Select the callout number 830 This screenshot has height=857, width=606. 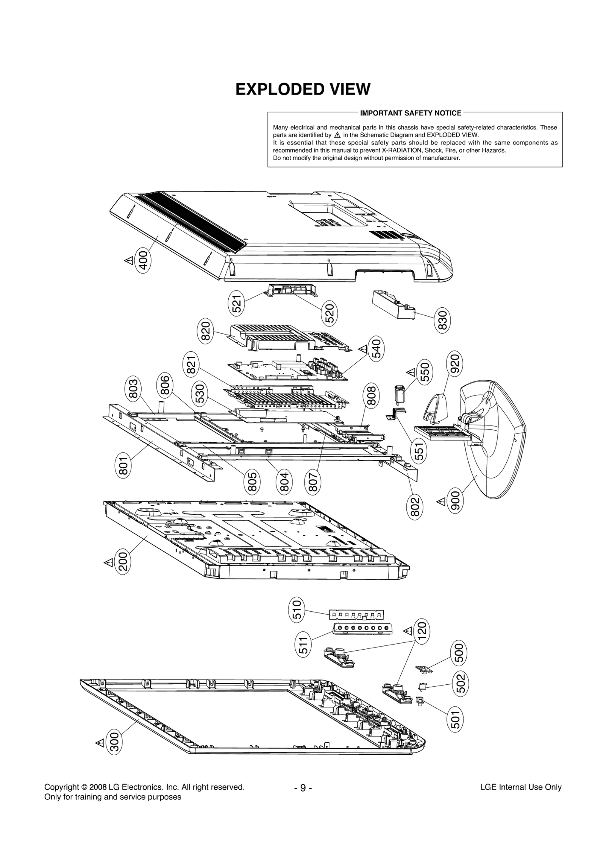point(442,320)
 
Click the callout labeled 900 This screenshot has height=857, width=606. point(455,500)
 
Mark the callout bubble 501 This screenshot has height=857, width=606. point(455,719)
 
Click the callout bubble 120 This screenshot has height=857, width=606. point(422,629)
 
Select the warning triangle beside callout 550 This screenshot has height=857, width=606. point(411,372)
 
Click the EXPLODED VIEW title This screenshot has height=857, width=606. point(303,89)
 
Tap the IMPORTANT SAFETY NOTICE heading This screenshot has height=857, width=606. point(411,113)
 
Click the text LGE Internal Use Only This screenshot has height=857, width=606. point(520,787)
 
